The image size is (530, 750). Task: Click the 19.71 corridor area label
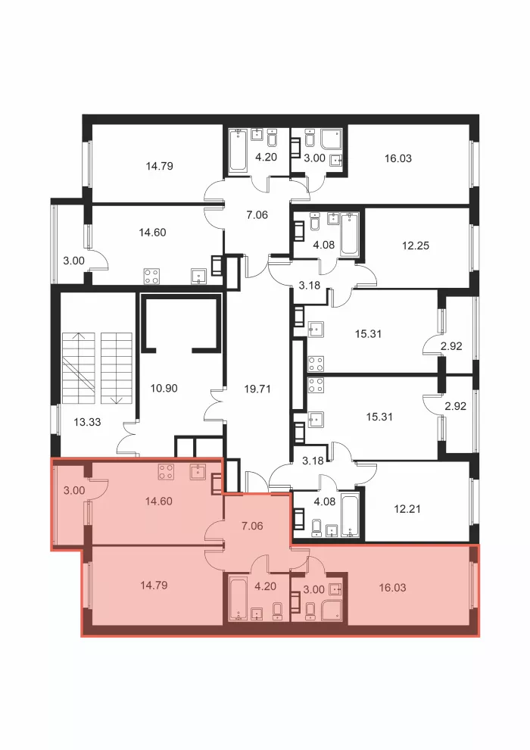pos(257,389)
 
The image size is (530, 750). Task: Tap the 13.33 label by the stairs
pos(88,423)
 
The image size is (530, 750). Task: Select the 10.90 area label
pos(164,389)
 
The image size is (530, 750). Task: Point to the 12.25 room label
pos(416,246)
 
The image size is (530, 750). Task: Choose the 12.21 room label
pos(407,509)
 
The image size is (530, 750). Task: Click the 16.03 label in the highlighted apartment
pos(392,588)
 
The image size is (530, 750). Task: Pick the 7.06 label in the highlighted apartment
pos(252,527)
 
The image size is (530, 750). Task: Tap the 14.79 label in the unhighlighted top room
pos(160,167)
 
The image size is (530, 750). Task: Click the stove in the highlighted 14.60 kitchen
pos(166,472)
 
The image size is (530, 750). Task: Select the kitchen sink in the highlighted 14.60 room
pos(198,472)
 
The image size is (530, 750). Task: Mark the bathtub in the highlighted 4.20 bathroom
pos(238,598)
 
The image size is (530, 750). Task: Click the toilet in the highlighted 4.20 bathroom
pos(276,611)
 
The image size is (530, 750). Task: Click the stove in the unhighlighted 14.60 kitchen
pos(152,276)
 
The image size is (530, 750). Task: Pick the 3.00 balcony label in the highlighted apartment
pos(74,491)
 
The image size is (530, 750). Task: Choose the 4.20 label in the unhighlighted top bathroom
pos(267,158)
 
